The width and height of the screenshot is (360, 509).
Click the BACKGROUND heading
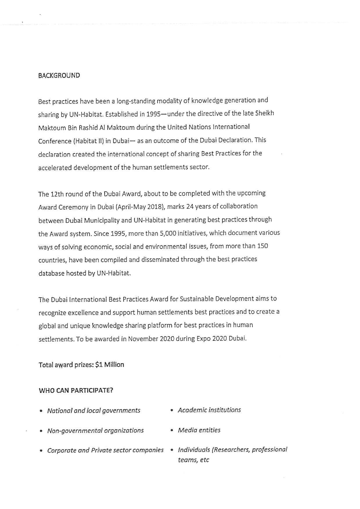point(59,75)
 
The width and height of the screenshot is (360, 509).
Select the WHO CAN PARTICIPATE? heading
point(76,390)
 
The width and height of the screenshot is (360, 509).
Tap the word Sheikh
point(264,113)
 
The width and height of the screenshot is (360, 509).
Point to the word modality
point(169,101)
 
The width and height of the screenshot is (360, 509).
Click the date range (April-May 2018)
point(141,207)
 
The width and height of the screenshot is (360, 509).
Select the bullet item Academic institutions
point(209,410)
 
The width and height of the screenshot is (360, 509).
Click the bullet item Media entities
point(199,430)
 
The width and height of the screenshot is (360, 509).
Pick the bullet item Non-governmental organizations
point(95,430)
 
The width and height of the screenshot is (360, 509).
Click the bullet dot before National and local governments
point(41,411)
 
